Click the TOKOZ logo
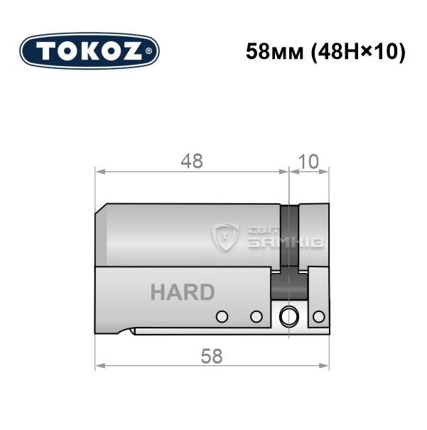coord(90,51)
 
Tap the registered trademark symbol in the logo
coord(148,51)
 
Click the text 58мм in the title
coord(275,52)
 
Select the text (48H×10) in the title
coord(357,52)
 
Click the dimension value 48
coord(192,161)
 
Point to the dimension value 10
coord(308,161)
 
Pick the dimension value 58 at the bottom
coord(212,357)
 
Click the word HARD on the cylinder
coord(183,292)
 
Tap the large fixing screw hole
coord(289,317)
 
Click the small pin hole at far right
coord(319,317)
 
